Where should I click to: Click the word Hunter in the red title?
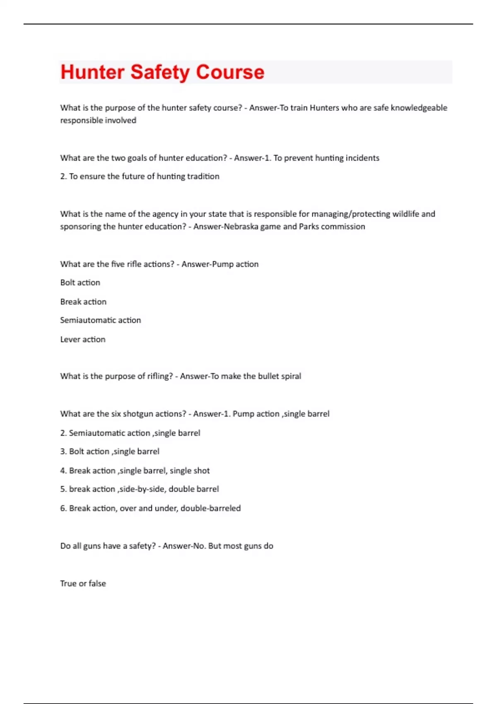click(92, 72)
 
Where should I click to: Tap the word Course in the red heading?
click(230, 72)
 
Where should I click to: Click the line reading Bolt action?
click(80, 282)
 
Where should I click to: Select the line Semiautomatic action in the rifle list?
click(100, 320)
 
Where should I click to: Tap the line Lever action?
click(83, 339)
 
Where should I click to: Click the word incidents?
click(362, 158)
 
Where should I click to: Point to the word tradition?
click(203, 176)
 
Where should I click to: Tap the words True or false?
click(83, 583)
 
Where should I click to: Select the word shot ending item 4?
click(201, 470)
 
